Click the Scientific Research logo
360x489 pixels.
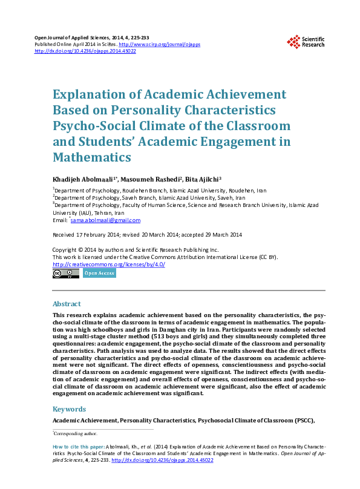pyautogui.click(x=306, y=41)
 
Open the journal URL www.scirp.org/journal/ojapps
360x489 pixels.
pyautogui.click(x=159, y=45)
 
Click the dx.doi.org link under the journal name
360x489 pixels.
pyautogui.click(x=85, y=51)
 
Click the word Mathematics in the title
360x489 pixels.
pyautogui.click(x=91, y=157)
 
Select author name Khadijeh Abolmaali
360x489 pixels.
pyautogui.click(x=83, y=179)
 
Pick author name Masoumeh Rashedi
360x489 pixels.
pyautogui.click(x=143, y=179)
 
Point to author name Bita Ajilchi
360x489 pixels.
pyautogui.click(x=200, y=179)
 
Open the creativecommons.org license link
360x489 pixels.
pyautogui.click(x=109, y=264)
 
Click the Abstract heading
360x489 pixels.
pyautogui.click(x=67, y=304)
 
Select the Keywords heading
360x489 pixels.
pyautogui.click(x=69, y=409)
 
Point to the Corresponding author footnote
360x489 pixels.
pyautogui.click(x=76, y=434)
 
